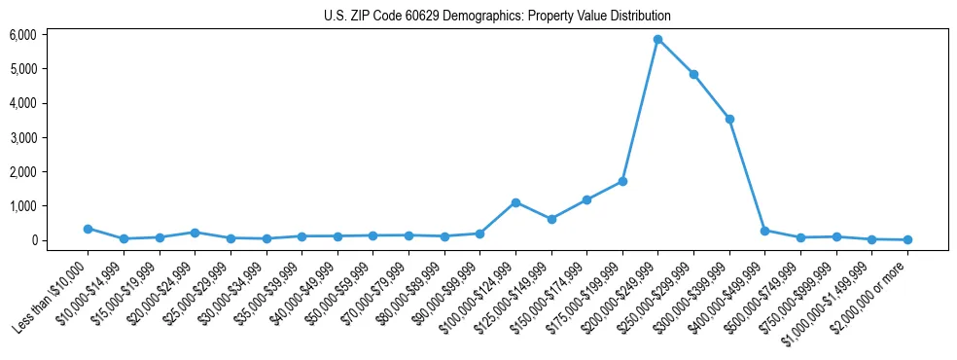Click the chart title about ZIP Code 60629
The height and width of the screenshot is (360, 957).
point(497,17)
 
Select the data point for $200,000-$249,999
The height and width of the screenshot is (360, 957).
point(658,40)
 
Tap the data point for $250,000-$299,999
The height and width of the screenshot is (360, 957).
point(693,74)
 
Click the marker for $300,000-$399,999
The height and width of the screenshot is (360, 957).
point(729,119)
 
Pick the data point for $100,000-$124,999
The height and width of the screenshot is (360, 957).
point(515,202)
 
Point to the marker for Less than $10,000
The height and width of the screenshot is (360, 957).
point(88,229)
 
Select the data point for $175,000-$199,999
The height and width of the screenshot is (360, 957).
point(622,181)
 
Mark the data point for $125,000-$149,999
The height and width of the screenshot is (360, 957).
point(551,219)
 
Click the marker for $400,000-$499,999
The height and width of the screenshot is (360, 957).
point(764,231)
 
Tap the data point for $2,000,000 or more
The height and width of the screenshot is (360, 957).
point(907,239)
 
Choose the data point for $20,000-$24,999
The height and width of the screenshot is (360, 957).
point(195,233)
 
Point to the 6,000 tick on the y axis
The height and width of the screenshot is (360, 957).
point(51,35)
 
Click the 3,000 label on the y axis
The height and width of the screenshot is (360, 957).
point(51,138)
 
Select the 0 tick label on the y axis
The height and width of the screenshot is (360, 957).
point(59,240)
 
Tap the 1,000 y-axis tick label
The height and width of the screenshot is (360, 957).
point(51,206)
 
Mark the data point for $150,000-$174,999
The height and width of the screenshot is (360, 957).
point(586,199)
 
